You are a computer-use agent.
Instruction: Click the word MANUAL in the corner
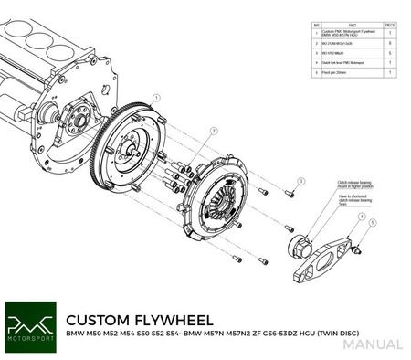coord(374,344)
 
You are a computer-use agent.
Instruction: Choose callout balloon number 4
coord(361,217)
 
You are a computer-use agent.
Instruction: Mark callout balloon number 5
coord(372,222)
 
